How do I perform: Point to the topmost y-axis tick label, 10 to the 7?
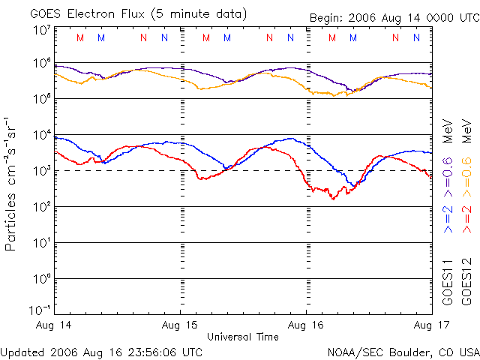tap(41, 30)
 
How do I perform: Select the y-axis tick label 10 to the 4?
tap(41, 135)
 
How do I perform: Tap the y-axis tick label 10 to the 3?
tap(41, 171)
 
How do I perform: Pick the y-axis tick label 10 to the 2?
tap(41, 207)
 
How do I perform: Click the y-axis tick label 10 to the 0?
tap(41, 279)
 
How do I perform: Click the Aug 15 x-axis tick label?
tap(181, 325)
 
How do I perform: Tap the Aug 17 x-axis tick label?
tap(430, 325)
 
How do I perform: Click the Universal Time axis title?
tap(242, 337)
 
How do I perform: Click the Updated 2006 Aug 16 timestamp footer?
tap(102, 351)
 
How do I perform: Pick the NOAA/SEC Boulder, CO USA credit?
tap(403, 351)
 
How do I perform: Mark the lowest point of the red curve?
tap(333, 199)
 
